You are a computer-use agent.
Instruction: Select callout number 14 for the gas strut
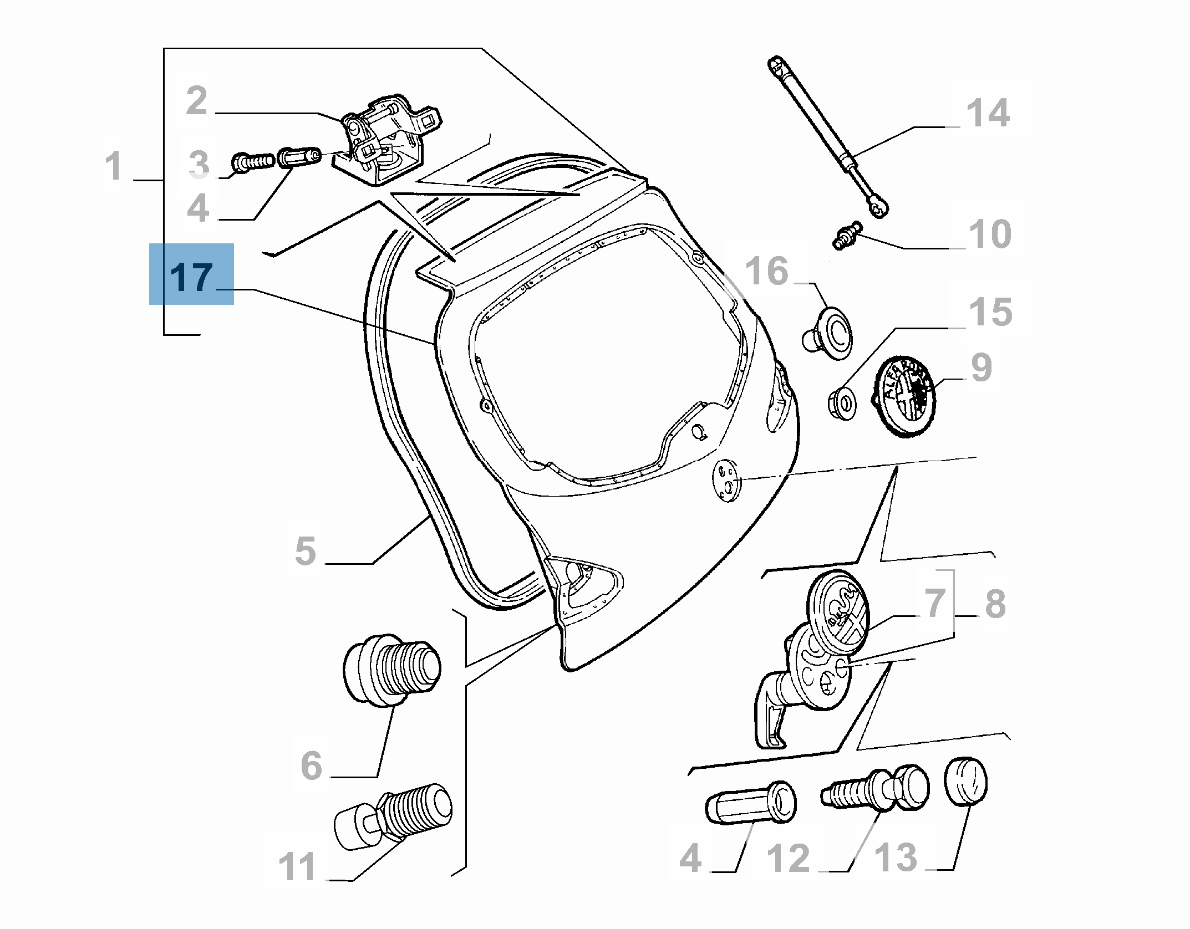[988, 114]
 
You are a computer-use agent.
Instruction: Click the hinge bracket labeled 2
[388, 141]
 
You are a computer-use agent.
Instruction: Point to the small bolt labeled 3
[252, 162]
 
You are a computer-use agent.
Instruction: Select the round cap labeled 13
[965, 782]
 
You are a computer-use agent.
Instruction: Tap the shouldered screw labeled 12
[876, 790]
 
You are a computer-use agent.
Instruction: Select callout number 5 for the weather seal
[306, 551]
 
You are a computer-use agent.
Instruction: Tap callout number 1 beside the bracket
[114, 166]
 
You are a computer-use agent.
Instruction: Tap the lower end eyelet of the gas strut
[878, 207]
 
